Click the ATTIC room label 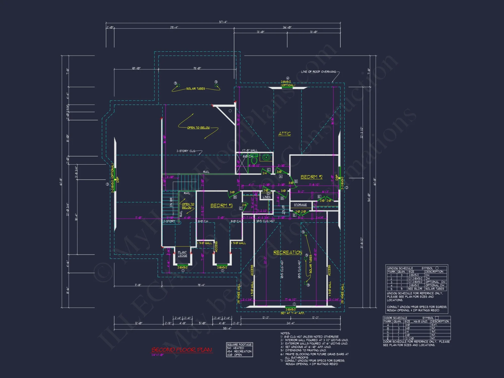pos(284,134)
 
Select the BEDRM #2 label pos(311,177)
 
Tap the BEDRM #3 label pos(222,206)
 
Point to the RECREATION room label pos(288,253)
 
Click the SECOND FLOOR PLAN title pos(181,350)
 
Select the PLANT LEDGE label pos(182,254)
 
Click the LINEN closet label pos(266,197)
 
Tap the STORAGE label pos(300,205)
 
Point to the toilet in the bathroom pos(254,160)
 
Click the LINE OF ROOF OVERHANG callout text pos(319,72)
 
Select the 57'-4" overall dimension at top pos(223,22)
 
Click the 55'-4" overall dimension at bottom pos(227,328)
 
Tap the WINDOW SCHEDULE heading pos(400,268)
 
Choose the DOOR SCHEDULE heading pos(395,318)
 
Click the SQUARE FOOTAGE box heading pos(239,344)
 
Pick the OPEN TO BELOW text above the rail pos(198,128)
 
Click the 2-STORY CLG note pos(186,151)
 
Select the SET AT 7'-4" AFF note pos(292,313)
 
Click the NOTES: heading pos(285,333)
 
